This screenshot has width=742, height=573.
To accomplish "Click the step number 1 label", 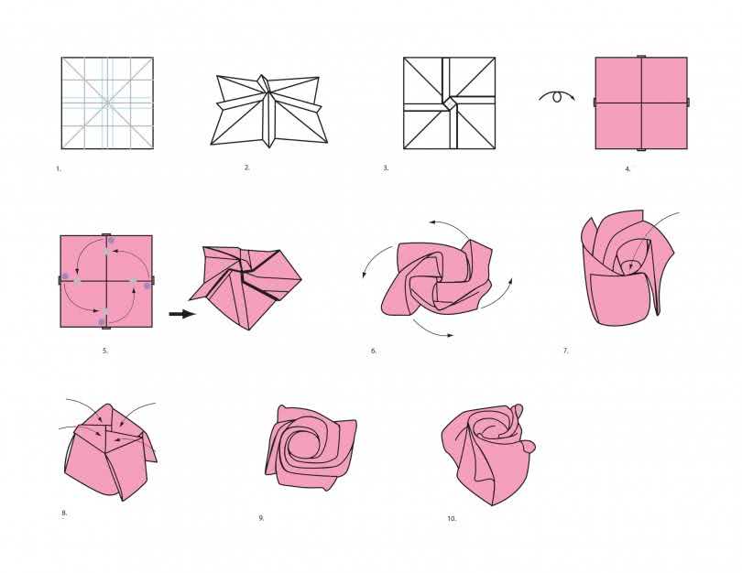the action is pyautogui.click(x=59, y=168).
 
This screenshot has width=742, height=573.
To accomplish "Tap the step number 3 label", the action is pyautogui.click(x=387, y=168).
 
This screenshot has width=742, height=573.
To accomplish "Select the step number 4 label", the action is pyautogui.click(x=628, y=168).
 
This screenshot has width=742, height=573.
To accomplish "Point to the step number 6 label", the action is pyautogui.click(x=374, y=351).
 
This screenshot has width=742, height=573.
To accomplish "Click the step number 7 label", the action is pyautogui.click(x=565, y=351).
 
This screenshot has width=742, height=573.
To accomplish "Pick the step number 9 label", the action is pyautogui.click(x=261, y=518).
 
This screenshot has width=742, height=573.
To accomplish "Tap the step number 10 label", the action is pyautogui.click(x=452, y=519).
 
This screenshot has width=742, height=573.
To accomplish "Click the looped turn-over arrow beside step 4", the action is pyautogui.click(x=557, y=96).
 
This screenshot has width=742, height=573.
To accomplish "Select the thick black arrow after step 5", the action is pyautogui.click(x=182, y=314).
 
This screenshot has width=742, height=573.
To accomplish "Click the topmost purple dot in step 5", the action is pyautogui.click(x=111, y=240).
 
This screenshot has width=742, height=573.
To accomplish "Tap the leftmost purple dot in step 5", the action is pyautogui.click(x=66, y=276).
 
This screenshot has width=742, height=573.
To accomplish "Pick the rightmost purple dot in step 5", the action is pyautogui.click(x=147, y=286).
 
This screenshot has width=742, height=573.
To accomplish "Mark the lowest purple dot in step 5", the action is pyautogui.click(x=102, y=321).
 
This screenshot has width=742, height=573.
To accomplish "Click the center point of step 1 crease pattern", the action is pyautogui.click(x=107, y=103).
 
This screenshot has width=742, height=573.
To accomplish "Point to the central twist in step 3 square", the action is pyautogui.click(x=450, y=103).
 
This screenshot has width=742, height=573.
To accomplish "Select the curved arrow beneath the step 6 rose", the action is pyautogui.click(x=432, y=330).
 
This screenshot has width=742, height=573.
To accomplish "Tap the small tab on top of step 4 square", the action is pyautogui.click(x=641, y=56).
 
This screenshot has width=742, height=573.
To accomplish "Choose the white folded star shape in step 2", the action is pyautogui.click(x=268, y=111).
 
